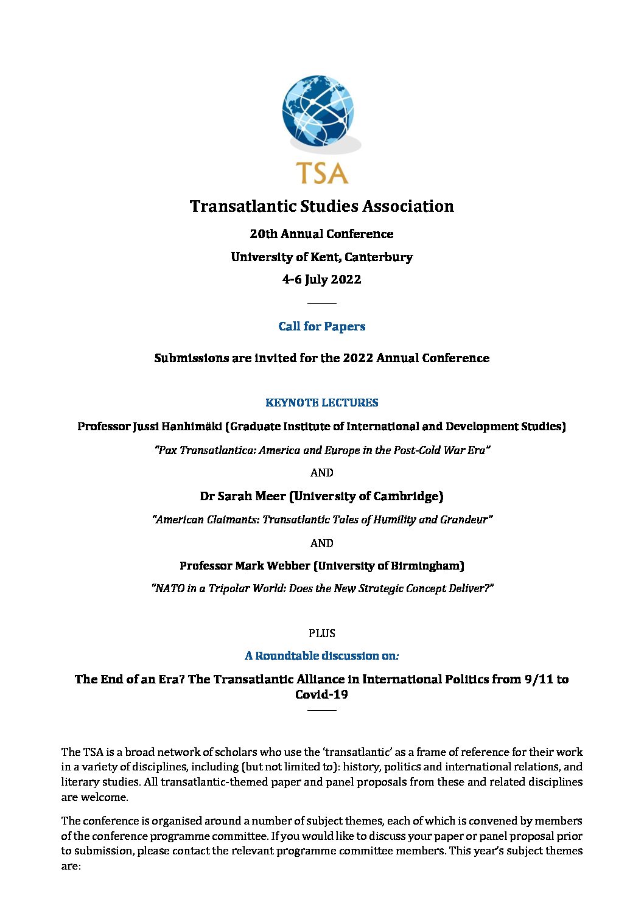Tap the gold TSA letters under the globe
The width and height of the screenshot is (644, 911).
(321, 173)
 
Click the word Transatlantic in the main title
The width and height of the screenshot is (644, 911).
(242, 206)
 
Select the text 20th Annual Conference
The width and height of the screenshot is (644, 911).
(321, 234)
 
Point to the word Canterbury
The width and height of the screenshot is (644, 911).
(379, 257)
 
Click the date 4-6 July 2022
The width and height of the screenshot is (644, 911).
(321, 280)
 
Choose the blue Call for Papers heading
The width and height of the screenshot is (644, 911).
(321, 327)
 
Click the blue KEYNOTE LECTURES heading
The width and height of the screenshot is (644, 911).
(321, 403)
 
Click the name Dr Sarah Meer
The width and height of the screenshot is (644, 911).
(242, 497)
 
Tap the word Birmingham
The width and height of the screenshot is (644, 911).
(430, 566)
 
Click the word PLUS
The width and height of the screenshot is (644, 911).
(321, 634)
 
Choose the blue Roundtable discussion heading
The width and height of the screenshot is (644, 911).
(321, 656)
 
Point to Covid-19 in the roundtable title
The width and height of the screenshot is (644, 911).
(321, 695)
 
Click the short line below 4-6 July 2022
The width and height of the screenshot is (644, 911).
(321, 303)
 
